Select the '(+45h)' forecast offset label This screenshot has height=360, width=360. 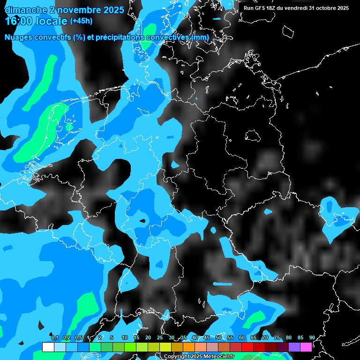pos(81,21)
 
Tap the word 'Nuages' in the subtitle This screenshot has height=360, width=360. pos(19,37)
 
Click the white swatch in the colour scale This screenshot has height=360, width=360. pos(48,347)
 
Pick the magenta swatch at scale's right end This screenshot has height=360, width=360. pos(306,347)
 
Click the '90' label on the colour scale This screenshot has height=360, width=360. pos(312,337)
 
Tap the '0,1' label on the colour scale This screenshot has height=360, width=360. pos(54,337)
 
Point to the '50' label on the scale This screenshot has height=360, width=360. pos(218,337)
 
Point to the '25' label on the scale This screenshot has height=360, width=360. pos(160,337)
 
